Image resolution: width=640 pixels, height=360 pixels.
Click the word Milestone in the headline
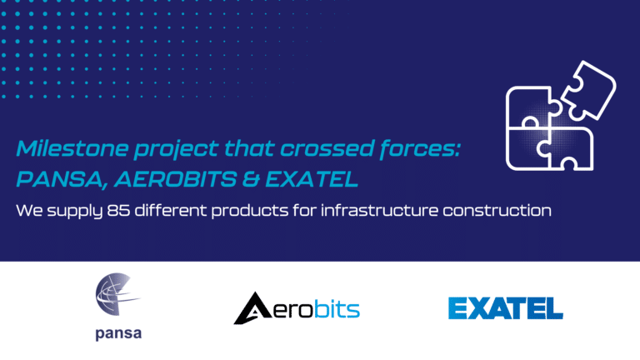pyautogui.click(x=72, y=148)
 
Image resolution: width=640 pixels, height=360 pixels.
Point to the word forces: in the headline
pyautogui.click(x=420, y=148)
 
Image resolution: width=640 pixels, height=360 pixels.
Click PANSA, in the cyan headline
pyautogui.click(x=62, y=180)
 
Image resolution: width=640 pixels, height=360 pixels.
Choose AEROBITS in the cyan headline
pyautogui.click(x=176, y=180)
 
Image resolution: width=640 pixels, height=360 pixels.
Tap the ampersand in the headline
pyautogui.click(x=251, y=180)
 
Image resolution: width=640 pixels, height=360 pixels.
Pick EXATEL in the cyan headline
pyautogui.click(x=312, y=180)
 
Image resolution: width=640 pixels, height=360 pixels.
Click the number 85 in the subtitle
pyautogui.click(x=118, y=211)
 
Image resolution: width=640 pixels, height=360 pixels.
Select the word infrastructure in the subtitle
pyautogui.click(x=379, y=211)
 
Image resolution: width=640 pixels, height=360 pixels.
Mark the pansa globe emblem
pyautogui.click(x=117, y=294)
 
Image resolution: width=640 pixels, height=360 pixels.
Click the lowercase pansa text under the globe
pyautogui.click(x=118, y=334)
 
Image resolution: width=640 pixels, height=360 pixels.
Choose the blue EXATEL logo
pyautogui.click(x=506, y=308)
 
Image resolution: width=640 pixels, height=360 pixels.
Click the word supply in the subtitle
pyautogui.click(x=75, y=212)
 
